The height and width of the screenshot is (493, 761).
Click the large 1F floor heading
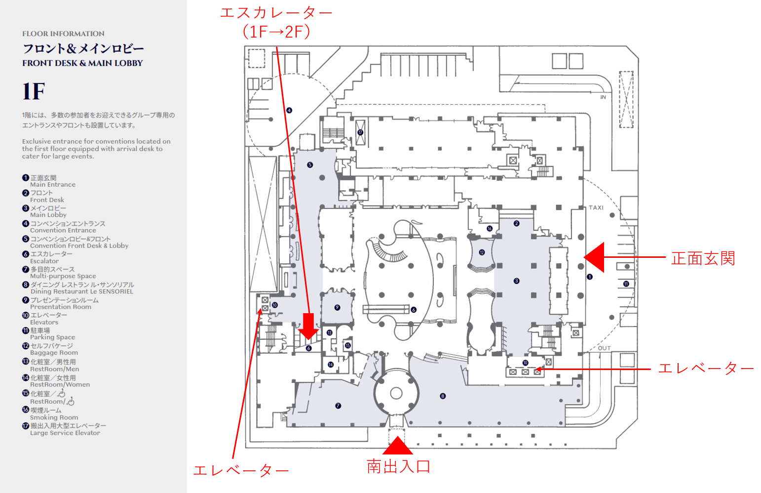(34, 91)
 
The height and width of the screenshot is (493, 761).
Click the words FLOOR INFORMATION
(63, 34)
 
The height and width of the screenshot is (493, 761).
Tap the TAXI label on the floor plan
(596, 207)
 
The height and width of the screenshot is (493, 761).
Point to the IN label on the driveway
(603, 97)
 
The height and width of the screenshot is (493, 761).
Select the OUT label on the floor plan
(605, 348)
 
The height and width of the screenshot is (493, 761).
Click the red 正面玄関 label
(703, 258)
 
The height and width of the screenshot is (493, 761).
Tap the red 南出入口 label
(399, 466)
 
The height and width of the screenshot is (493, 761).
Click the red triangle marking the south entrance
(398, 447)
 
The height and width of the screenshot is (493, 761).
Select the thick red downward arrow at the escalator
(308, 326)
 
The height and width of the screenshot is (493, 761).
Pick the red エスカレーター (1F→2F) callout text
(276, 22)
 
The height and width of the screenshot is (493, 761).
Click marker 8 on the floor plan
(443, 396)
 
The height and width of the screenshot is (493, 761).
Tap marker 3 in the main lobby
(517, 281)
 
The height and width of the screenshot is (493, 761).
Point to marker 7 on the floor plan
(338, 406)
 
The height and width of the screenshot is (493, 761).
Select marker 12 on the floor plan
(482, 252)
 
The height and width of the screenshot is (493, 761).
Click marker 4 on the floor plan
(289, 110)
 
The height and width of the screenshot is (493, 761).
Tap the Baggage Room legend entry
(52, 349)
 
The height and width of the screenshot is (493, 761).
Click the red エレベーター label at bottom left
(241, 471)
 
